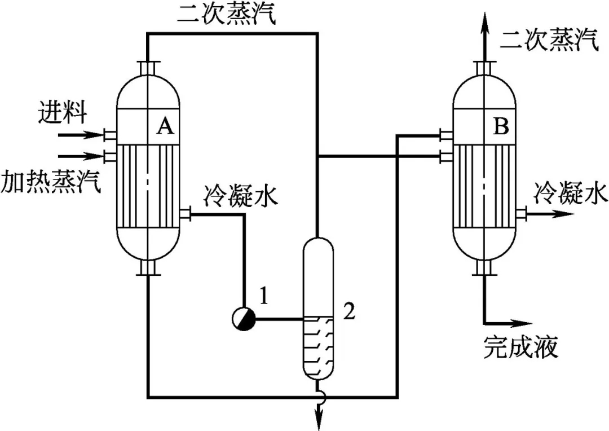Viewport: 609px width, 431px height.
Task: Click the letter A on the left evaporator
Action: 164,127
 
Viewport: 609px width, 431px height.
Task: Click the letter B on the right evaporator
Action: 501,127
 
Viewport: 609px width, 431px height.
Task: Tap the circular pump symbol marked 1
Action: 244,320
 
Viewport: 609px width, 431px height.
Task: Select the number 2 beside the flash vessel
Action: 349,311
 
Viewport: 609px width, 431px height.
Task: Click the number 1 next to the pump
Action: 264,294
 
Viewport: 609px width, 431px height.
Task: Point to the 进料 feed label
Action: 63,112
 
